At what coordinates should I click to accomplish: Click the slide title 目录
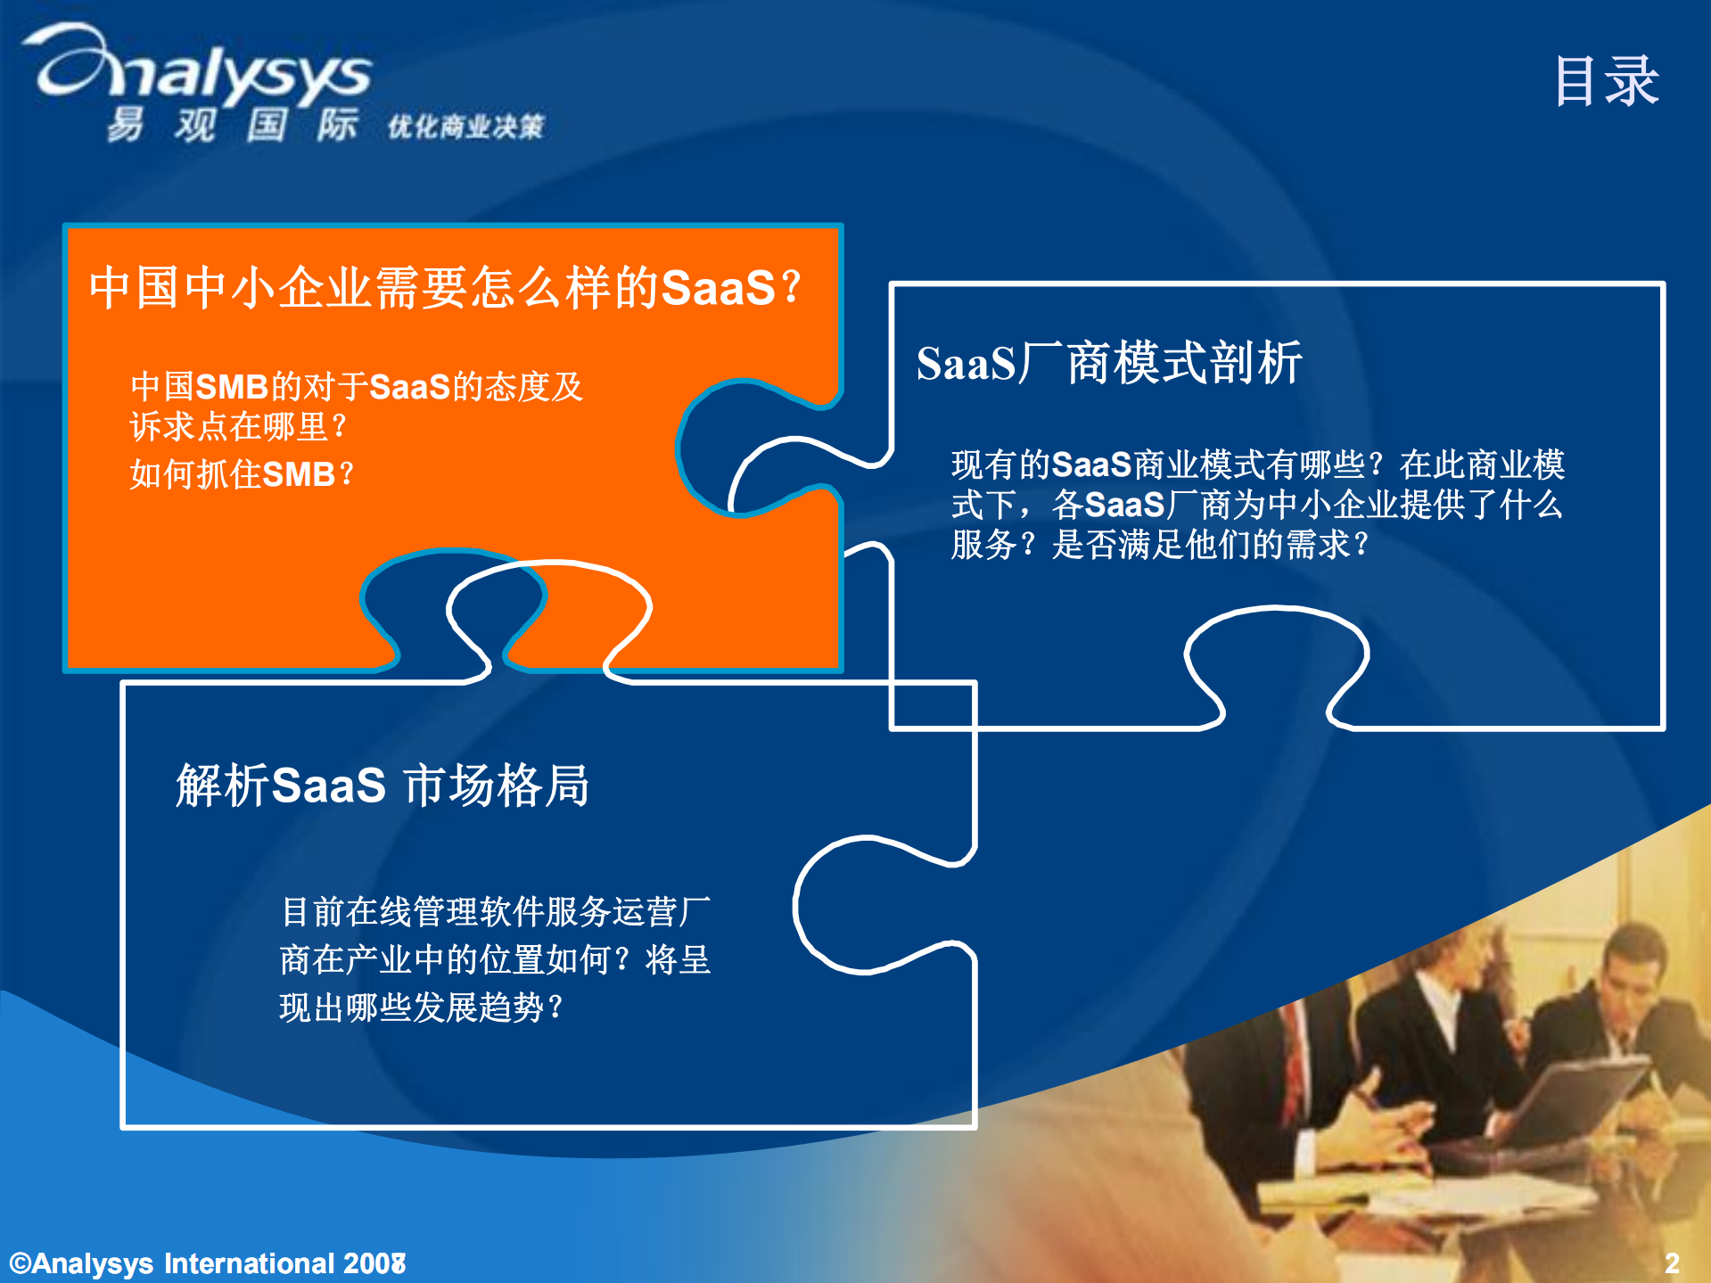pos(1606,81)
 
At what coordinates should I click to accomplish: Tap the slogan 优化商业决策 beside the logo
pos(465,127)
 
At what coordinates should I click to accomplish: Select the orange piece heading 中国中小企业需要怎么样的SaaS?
pos(446,288)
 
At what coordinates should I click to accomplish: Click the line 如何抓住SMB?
pos(242,473)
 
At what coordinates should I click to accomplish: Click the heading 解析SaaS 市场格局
pos(383,785)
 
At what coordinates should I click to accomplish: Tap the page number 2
pos(1671,1262)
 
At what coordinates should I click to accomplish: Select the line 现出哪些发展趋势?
pos(421,1007)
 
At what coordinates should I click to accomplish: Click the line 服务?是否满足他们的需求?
pos(1159,544)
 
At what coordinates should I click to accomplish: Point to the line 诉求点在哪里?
pos(238,426)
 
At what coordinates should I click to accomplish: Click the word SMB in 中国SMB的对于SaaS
pos(231,387)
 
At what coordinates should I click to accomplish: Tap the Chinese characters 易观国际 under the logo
pos(232,125)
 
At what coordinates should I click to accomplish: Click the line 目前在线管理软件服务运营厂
pos(496,911)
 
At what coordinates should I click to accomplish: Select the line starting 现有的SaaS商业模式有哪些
pos(1257,465)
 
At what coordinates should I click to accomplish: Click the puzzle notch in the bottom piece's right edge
pos(856,905)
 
